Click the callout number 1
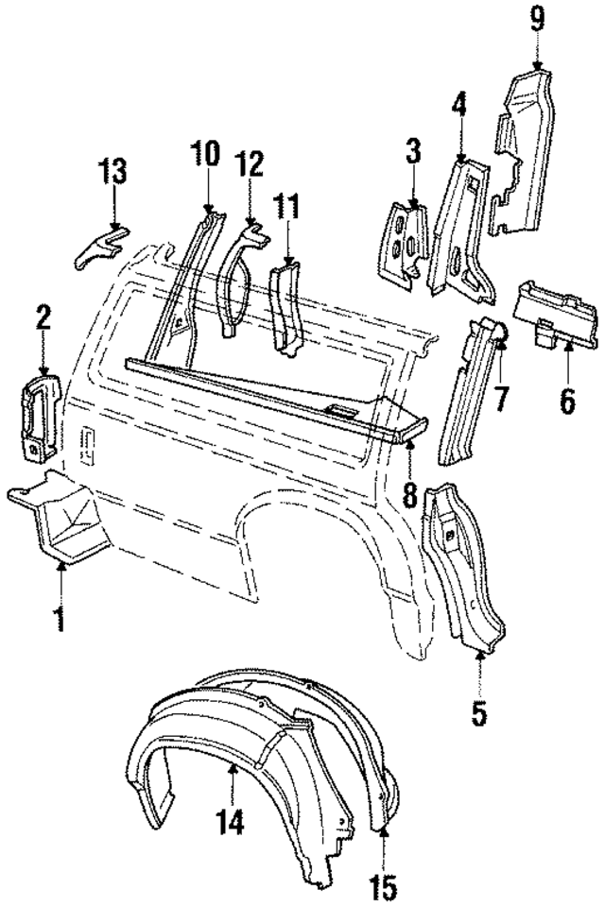pyautogui.click(x=60, y=623)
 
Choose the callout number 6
pyautogui.click(x=567, y=400)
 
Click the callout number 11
pyautogui.click(x=286, y=205)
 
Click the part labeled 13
pyautogui.click(x=98, y=248)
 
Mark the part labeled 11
pyautogui.click(x=285, y=307)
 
